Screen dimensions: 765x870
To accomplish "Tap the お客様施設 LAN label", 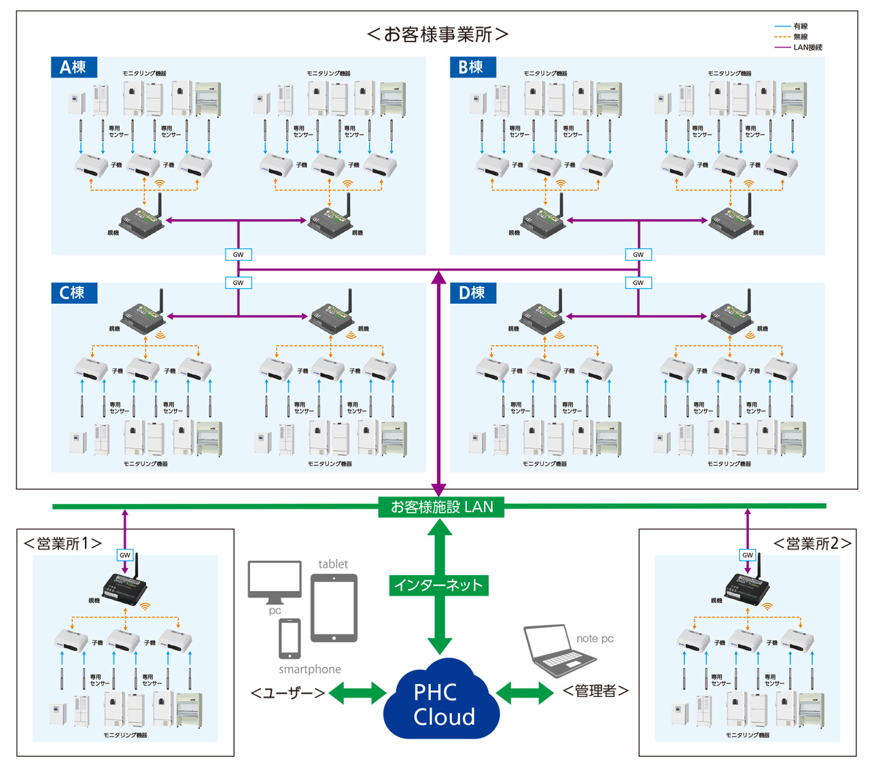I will (x=441, y=507).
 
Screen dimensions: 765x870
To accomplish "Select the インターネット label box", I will (x=438, y=585).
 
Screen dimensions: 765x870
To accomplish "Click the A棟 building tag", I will (x=73, y=67).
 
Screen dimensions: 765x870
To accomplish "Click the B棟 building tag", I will (x=472, y=67).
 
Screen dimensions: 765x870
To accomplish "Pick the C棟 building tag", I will (x=73, y=292).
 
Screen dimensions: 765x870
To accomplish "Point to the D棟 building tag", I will (x=472, y=292).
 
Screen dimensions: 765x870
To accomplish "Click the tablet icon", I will (x=334, y=607).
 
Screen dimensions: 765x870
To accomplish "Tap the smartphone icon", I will (x=290, y=638).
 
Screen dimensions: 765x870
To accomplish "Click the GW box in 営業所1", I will (x=125, y=555).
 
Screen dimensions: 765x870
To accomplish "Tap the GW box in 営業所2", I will (x=748, y=555).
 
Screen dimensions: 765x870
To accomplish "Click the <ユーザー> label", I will (x=288, y=693).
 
